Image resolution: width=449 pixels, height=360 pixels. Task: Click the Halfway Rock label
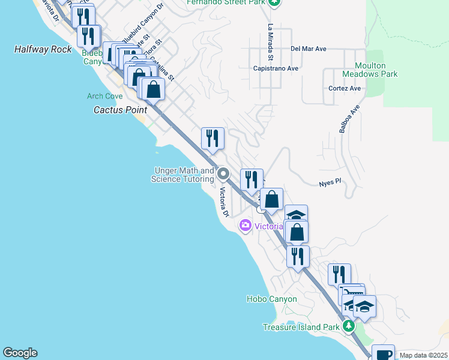tap(43, 49)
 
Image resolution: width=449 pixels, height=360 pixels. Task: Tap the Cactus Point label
tap(121, 110)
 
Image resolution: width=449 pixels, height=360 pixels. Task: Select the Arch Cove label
tap(104, 96)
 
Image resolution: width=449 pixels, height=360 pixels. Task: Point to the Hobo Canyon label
tap(271, 299)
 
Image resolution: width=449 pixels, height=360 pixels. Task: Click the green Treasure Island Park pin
tap(348, 327)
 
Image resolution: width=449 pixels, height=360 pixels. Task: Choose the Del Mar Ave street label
tap(308, 49)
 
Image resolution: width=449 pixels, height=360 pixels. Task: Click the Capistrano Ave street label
tap(276, 68)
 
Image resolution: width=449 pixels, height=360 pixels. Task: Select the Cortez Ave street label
tap(345, 88)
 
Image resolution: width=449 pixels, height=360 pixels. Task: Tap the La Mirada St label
tap(271, 43)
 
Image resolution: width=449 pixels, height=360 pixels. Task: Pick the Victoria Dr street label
tap(224, 202)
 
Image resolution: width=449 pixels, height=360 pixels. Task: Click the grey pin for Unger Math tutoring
tap(223, 175)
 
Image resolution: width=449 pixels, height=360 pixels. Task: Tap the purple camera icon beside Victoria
tap(245, 226)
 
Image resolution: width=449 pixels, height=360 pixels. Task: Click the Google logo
tap(20, 353)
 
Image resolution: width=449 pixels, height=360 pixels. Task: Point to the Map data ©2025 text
tap(424, 355)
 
